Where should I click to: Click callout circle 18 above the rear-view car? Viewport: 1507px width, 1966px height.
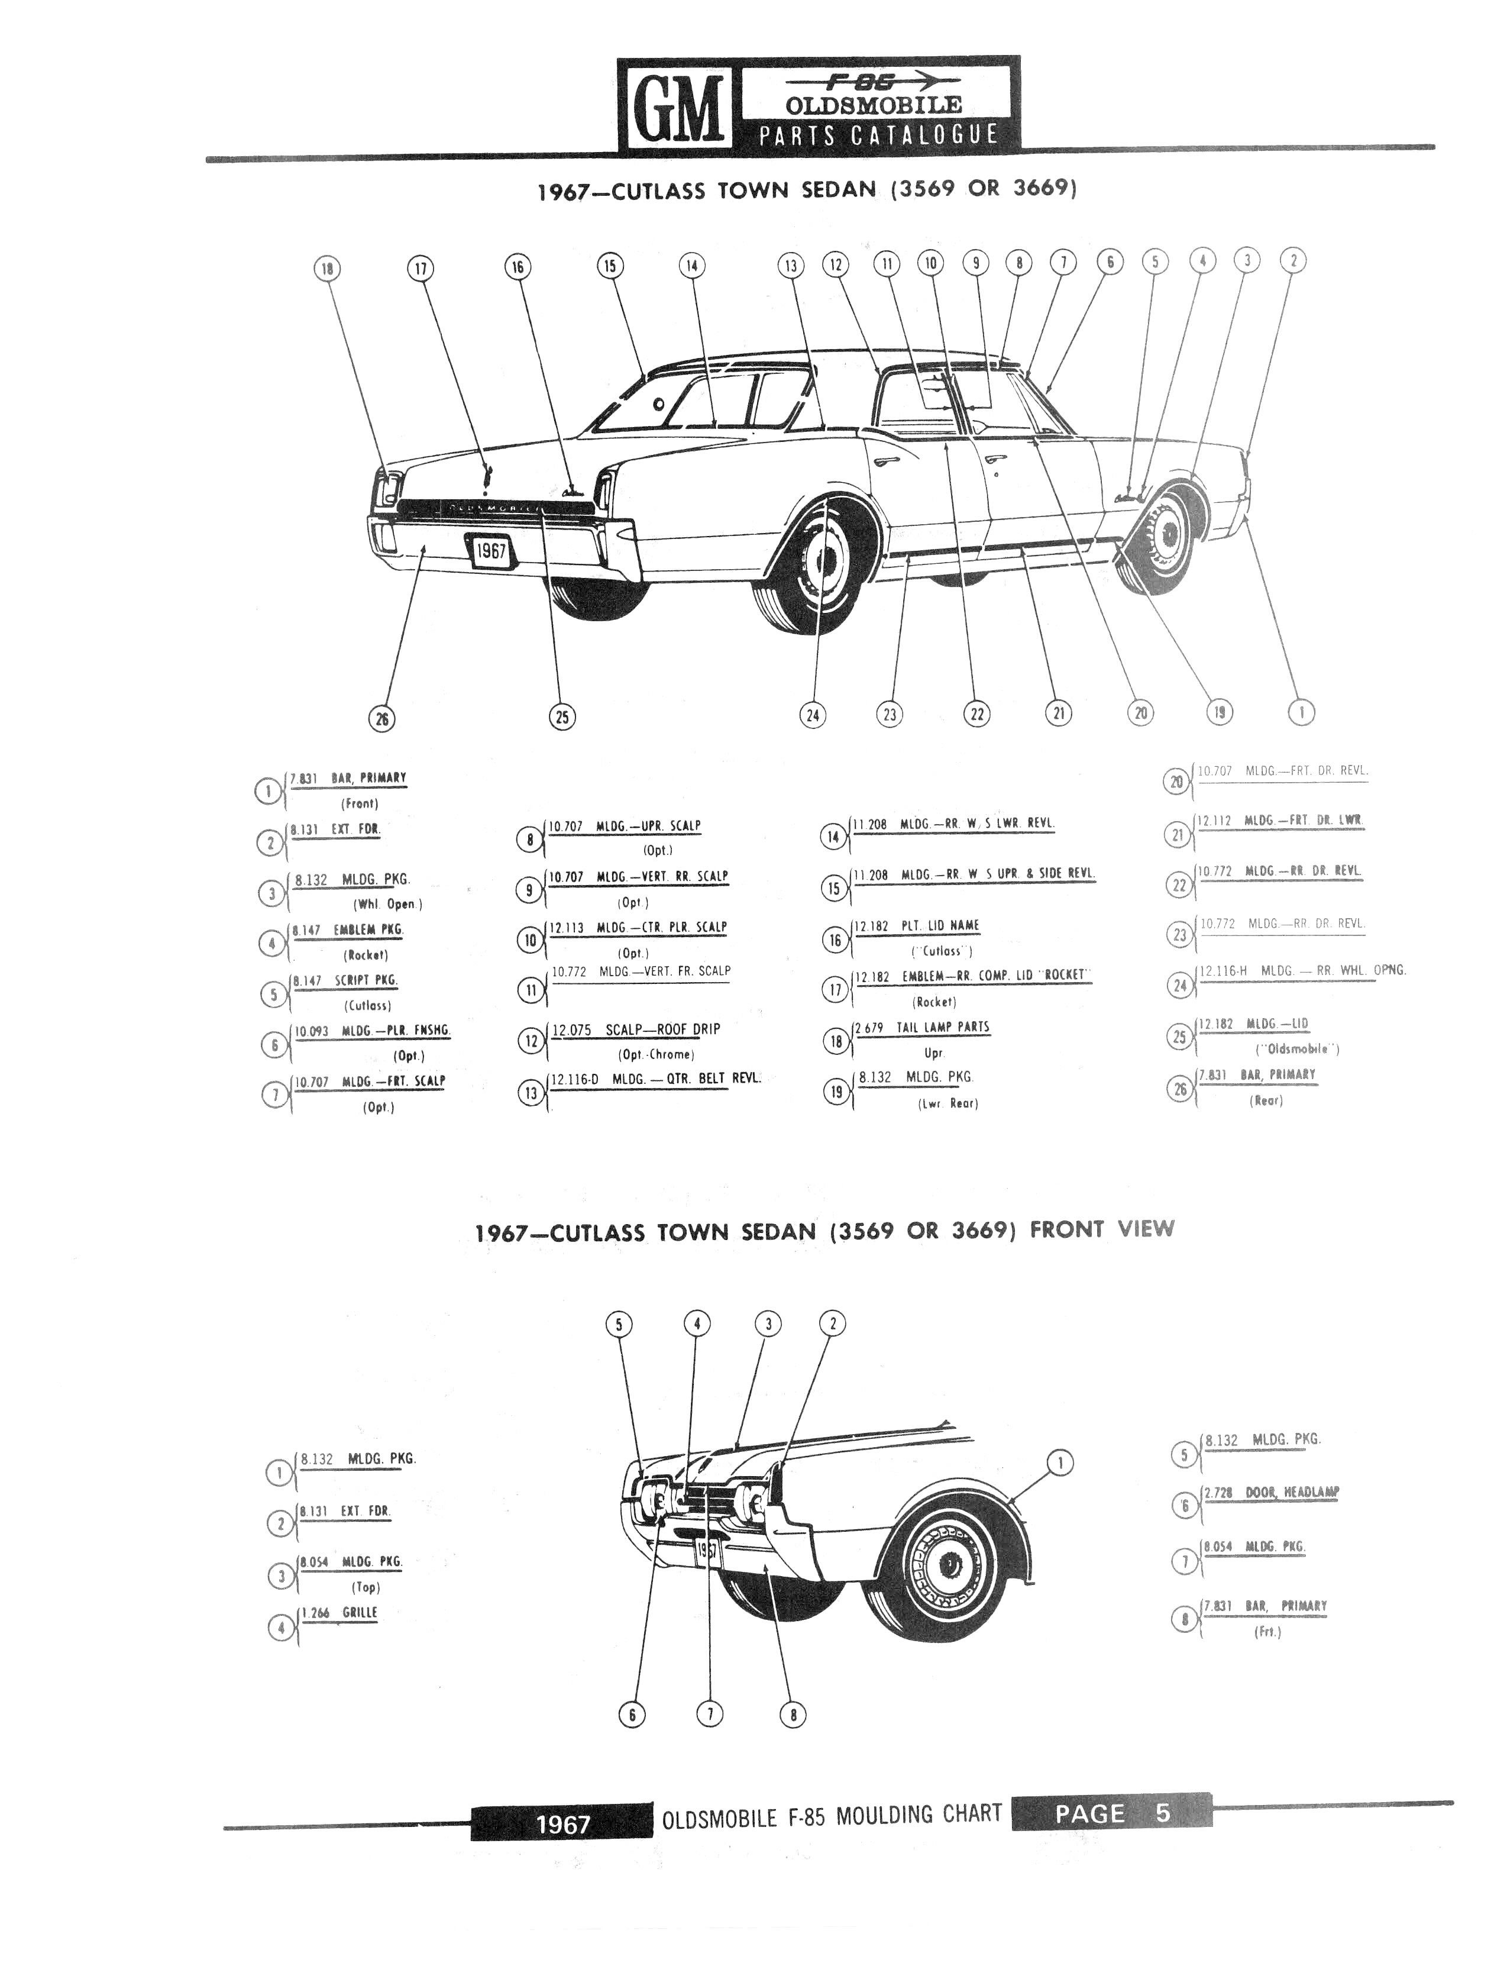(x=328, y=268)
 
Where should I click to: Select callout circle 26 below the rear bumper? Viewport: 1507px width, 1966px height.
(x=382, y=718)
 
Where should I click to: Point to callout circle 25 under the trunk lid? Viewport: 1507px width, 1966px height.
(x=561, y=716)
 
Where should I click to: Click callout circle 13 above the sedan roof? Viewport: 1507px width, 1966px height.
(x=790, y=266)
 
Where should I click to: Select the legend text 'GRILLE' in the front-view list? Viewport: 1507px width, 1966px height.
(x=359, y=1612)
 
